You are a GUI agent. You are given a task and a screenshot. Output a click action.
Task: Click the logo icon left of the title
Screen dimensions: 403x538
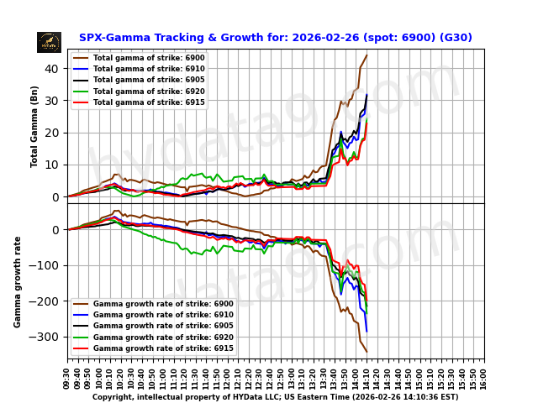[49, 42]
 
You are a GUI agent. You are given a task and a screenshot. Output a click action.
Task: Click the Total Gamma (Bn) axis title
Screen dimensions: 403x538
[34, 126]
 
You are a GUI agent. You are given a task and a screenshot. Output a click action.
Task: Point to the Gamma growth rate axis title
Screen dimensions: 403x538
[18, 281]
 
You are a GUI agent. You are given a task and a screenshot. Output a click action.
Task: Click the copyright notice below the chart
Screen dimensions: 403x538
[275, 397]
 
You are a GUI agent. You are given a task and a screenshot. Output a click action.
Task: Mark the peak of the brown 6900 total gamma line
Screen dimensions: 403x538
[367, 55]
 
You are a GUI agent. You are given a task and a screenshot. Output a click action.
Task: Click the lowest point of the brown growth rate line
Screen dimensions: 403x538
[367, 351]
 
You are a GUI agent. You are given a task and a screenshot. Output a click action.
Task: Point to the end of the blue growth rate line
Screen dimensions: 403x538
[367, 331]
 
